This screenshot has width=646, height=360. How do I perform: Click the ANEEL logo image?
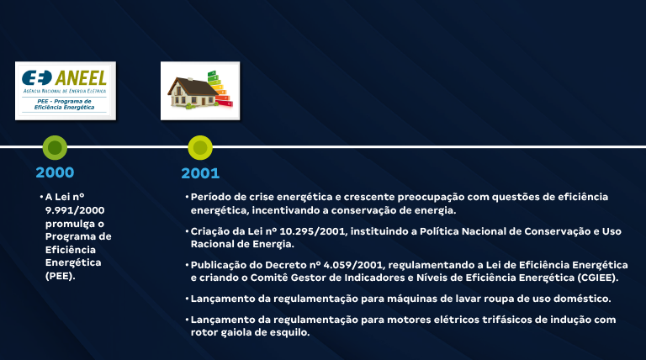click(x=66, y=89)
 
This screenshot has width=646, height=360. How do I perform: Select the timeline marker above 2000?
click(x=55, y=148)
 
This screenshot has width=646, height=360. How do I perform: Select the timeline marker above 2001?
click(x=200, y=148)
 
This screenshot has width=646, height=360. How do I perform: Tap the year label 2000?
click(x=55, y=172)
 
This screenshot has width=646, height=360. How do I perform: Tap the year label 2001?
click(x=200, y=173)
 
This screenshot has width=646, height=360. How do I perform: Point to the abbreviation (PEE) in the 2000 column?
click(x=61, y=275)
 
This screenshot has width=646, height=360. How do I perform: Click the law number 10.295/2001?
click(x=304, y=230)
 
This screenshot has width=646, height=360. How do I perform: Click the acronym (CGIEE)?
click(x=596, y=278)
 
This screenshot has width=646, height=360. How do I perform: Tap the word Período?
click(x=213, y=197)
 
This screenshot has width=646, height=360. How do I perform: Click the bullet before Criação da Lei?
click(x=187, y=230)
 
